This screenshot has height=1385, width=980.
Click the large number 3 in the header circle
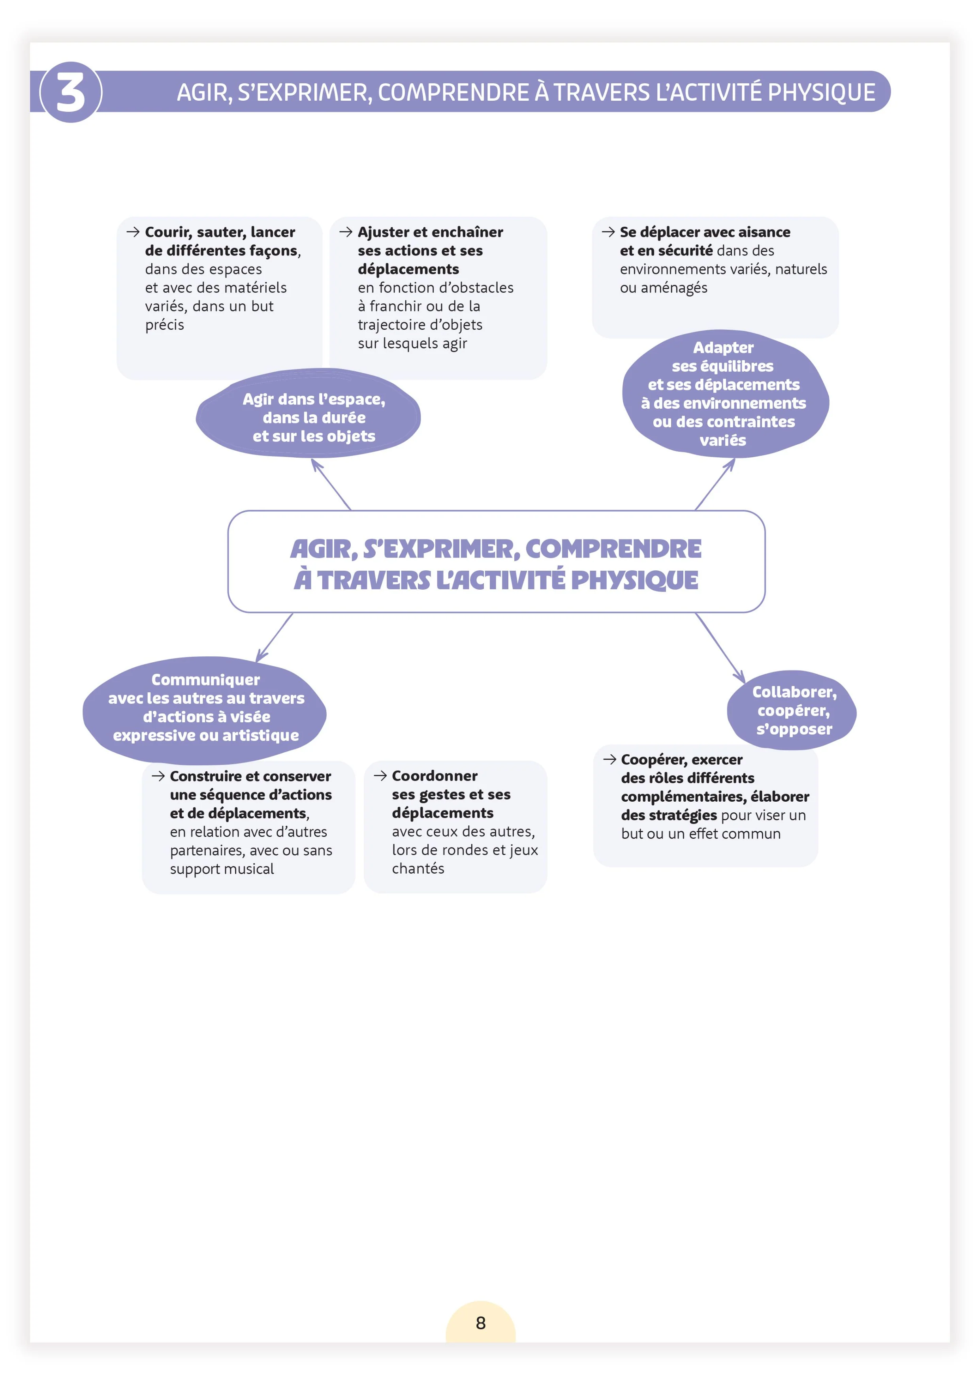click(x=71, y=92)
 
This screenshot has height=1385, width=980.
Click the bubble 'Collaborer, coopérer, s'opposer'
click(x=792, y=710)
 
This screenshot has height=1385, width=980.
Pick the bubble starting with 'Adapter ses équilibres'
click(x=725, y=394)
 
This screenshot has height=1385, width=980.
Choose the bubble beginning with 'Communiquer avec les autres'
click(x=205, y=709)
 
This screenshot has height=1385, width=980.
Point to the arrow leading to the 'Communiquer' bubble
click(x=275, y=638)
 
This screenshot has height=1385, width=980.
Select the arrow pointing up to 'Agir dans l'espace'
click(x=331, y=485)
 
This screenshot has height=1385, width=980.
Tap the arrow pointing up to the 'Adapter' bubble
click(x=715, y=485)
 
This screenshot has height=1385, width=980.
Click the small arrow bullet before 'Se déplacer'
click(x=608, y=232)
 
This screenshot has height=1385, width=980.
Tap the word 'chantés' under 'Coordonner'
click(x=418, y=869)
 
